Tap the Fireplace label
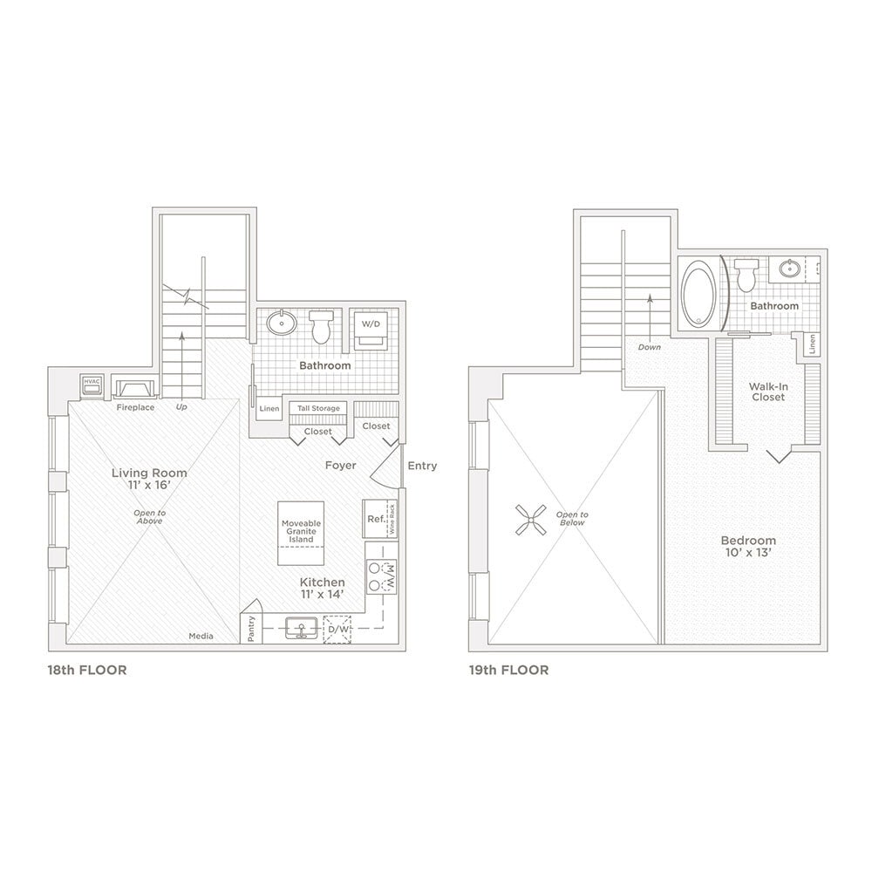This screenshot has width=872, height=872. pyautogui.click(x=136, y=407)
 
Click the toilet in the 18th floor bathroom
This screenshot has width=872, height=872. pyautogui.click(x=321, y=327)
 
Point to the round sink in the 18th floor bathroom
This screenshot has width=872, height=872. pyautogui.click(x=282, y=324)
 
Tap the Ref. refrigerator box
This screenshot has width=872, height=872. pyautogui.click(x=376, y=519)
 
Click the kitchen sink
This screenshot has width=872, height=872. pyautogui.click(x=302, y=627)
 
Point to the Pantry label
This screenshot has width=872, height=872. pyautogui.click(x=251, y=629)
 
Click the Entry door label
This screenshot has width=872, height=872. pyautogui.click(x=422, y=467)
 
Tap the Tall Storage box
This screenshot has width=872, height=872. pyautogui.click(x=319, y=408)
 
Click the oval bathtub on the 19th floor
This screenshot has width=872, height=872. pyautogui.click(x=700, y=294)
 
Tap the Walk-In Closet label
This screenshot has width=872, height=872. pyautogui.click(x=768, y=392)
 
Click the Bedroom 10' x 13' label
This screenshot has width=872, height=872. pyautogui.click(x=748, y=547)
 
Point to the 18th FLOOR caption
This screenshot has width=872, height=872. pyautogui.click(x=87, y=671)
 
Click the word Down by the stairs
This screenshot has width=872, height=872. pyautogui.click(x=649, y=347)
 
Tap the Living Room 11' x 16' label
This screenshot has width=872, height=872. pyautogui.click(x=149, y=480)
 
